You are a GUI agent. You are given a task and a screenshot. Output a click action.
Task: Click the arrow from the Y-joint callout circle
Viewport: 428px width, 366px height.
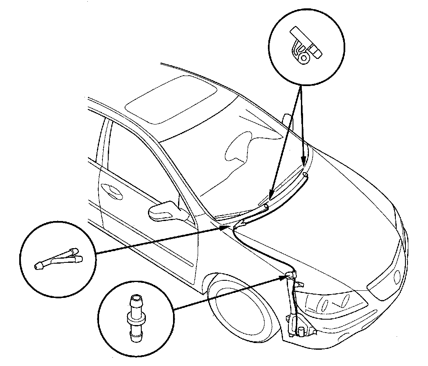tap(159, 241)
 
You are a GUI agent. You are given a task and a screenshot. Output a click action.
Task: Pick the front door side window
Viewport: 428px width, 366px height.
tap(138, 167)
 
